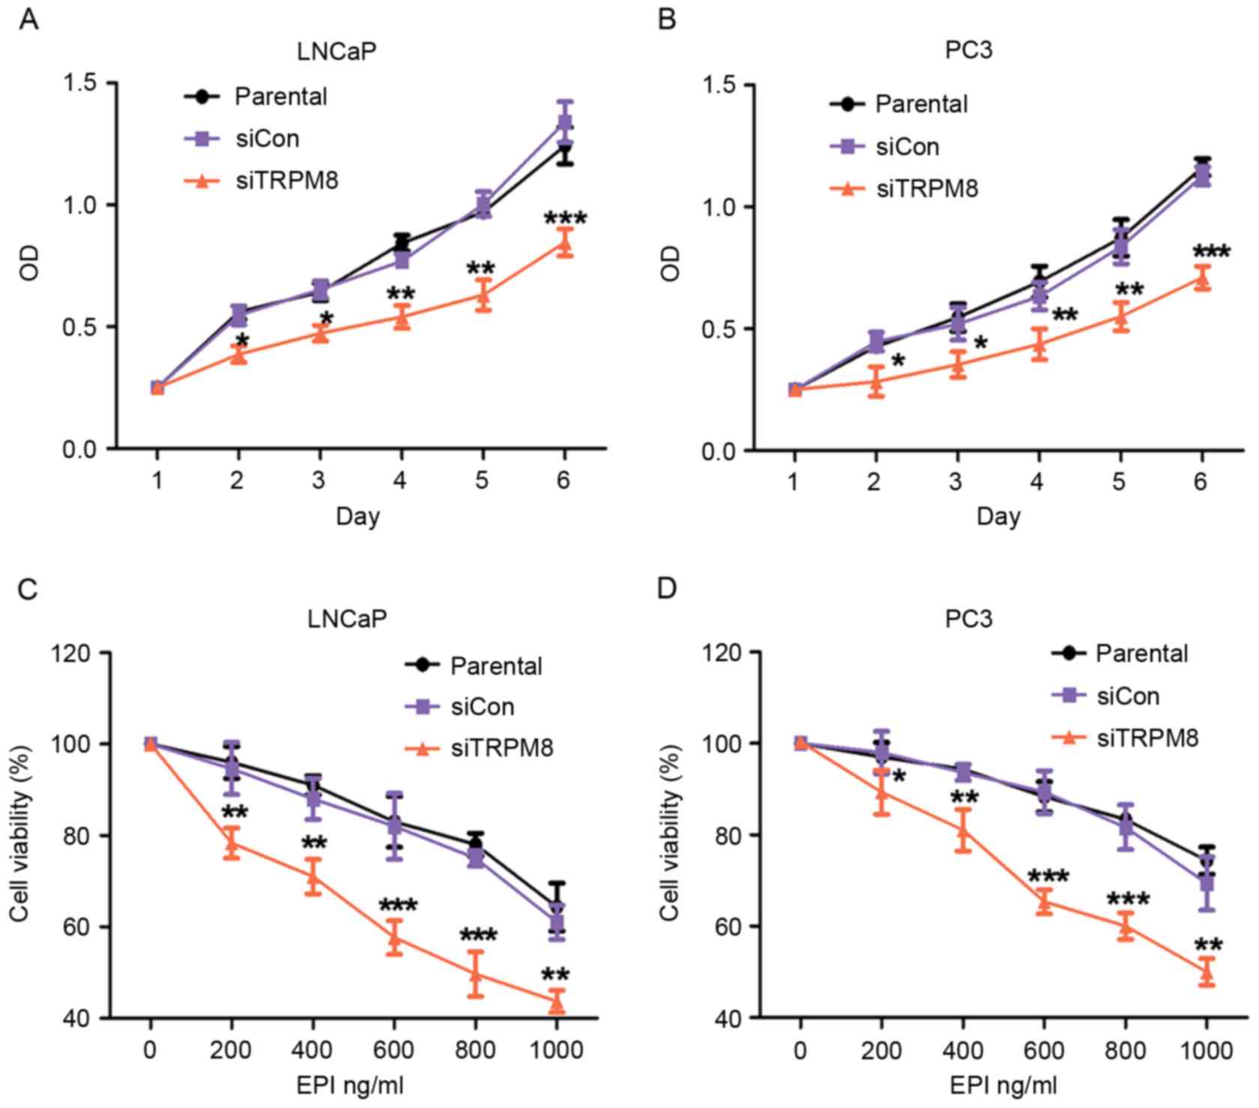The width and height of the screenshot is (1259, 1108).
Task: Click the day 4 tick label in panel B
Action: click(1037, 481)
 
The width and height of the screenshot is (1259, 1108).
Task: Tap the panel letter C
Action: click(28, 588)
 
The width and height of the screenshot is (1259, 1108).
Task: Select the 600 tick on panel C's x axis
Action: click(394, 1050)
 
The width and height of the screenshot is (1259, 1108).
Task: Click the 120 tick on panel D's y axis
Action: click(723, 652)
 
